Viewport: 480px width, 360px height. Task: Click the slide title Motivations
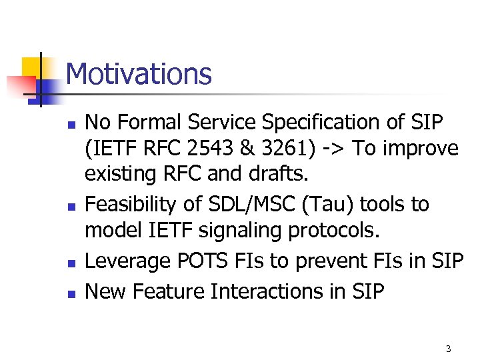pos(139,74)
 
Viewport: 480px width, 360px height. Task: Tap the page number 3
pos(449,349)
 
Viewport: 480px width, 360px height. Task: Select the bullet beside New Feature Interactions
pos(71,292)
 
